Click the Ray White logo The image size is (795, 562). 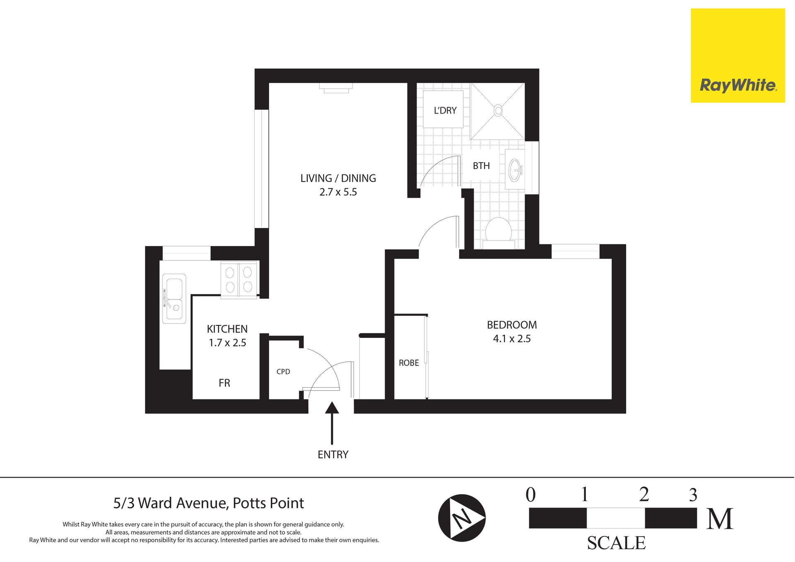(x=737, y=55)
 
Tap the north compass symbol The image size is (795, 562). (x=462, y=518)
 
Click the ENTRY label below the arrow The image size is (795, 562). (x=333, y=454)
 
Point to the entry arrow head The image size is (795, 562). (x=332, y=408)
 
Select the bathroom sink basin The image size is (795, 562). (x=515, y=169)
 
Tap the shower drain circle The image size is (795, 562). (x=498, y=111)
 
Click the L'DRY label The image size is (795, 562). (x=445, y=111)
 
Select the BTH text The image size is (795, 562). (x=481, y=166)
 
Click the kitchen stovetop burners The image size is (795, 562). (x=239, y=279)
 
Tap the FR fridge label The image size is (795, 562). (x=224, y=383)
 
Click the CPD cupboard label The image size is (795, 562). (x=283, y=371)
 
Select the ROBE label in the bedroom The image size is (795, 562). (x=409, y=363)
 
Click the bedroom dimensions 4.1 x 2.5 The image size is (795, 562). (x=512, y=339)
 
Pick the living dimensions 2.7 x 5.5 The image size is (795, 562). (x=338, y=192)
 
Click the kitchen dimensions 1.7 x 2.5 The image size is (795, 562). (x=227, y=343)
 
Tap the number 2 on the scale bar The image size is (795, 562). (x=644, y=494)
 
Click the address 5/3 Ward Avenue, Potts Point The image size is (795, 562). (x=209, y=503)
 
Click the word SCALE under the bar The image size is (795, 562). (x=616, y=543)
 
